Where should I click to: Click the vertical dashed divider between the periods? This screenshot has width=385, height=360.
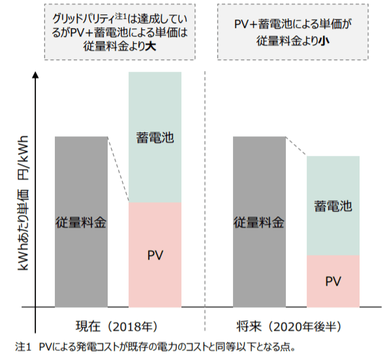[205, 196]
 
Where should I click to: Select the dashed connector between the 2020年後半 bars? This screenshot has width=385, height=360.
[296, 147]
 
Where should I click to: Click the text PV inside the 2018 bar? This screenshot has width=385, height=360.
[155, 252]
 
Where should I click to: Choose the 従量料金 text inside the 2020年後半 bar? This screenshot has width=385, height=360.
[259, 222]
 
